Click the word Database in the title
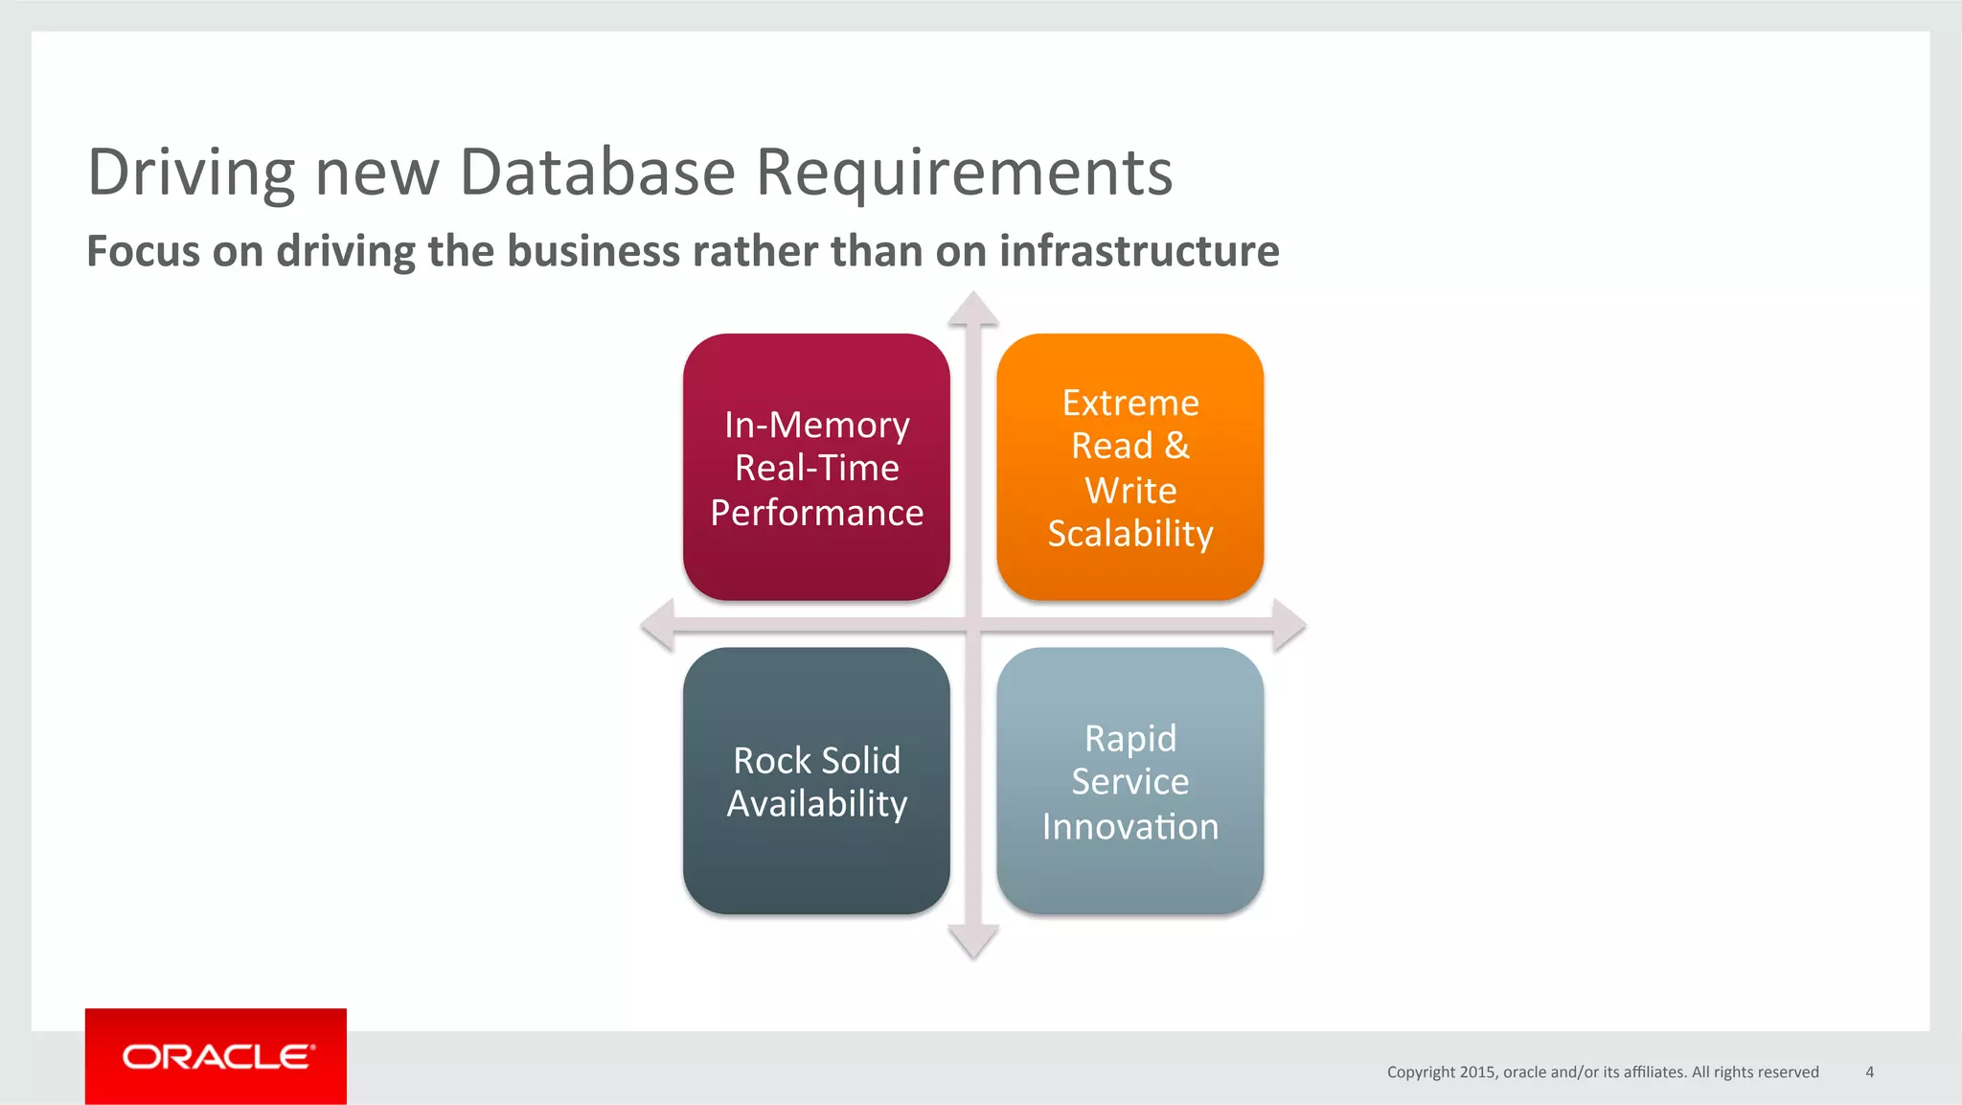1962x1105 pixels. click(x=597, y=173)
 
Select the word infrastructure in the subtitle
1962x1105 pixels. click(x=1139, y=251)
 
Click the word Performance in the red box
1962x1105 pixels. click(x=816, y=513)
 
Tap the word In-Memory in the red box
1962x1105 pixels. click(x=816, y=425)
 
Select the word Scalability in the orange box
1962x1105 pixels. click(x=1130, y=534)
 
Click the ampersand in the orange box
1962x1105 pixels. click(x=1176, y=446)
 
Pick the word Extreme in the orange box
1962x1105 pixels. click(x=1130, y=403)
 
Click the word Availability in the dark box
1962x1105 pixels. click(x=816, y=804)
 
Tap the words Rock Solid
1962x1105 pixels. click(x=816, y=760)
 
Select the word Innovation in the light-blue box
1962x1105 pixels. click(x=1130, y=826)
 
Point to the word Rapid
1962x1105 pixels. click(x=1130, y=738)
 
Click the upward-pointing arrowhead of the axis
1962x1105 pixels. click(x=973, y=310)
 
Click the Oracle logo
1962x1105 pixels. click(x=216, y=1056)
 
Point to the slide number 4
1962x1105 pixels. click(x=1869, y=1072)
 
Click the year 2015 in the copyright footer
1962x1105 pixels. click(x=1477, y=1072)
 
